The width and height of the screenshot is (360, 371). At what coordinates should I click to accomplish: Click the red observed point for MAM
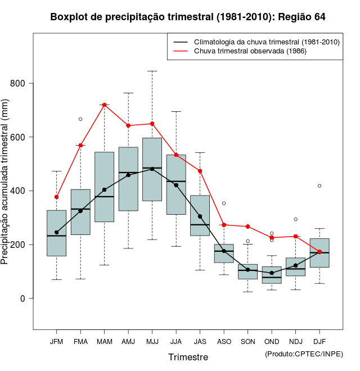click(x=104, y=105)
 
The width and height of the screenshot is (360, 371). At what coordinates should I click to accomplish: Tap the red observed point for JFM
click(x=56, y=197)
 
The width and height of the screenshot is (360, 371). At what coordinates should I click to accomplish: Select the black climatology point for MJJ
click(x=152, y=169)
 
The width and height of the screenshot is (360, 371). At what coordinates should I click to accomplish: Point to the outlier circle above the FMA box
click(x=80, y=119)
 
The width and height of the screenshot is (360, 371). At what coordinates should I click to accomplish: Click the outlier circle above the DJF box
click(x=319, y=185)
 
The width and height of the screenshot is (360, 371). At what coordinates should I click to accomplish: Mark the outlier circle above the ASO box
click(x=224, y=203)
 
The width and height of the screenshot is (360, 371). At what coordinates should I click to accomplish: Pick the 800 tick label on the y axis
click(x=19, y=84)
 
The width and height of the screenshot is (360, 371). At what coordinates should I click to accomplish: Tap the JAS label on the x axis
click(x=200, y=342)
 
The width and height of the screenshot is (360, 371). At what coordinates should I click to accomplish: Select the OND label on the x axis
click(x=272, y=342)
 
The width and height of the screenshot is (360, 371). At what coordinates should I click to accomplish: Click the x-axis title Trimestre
click(x=188, y=357)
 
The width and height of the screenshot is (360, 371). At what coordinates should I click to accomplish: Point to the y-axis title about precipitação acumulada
click(x=6, y=186)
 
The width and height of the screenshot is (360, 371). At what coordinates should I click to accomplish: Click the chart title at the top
click(x=188, y=17)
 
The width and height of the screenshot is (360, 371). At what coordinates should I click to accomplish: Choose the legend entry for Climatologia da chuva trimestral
click(x=266, y=42)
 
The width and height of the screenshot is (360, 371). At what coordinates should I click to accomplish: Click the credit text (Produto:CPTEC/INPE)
click(x=304, y=354)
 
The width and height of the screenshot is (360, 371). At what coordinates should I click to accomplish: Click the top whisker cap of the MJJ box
click(x=152, y=71)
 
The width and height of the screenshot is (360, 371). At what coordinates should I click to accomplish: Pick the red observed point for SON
click(x=247, y=227)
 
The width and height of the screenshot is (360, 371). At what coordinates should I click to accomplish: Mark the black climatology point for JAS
click(x=200, y=216)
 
